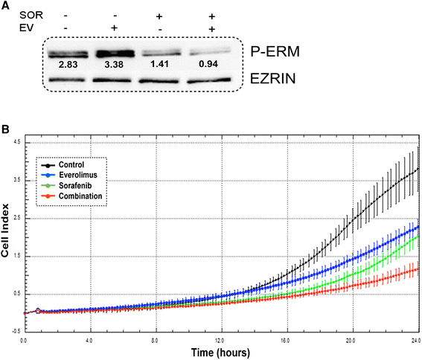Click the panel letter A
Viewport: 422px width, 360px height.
6,7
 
